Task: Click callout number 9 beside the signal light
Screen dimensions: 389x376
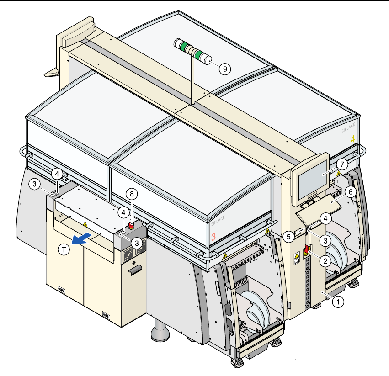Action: (x=224, y=69)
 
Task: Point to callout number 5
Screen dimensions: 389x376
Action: (x=288, y=236)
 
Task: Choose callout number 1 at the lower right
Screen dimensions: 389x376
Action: (x=338, y=301)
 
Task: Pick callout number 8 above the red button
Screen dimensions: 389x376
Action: (x=132, y=194)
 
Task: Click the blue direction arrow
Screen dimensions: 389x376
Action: (x=84, y=238)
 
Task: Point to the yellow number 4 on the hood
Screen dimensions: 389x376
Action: (x=353, y=138)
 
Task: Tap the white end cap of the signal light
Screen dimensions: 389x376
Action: (x=209, y=59)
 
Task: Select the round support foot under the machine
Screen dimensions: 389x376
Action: (x=160, y=331)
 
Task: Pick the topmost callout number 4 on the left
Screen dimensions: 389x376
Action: (x=56, y=174)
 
